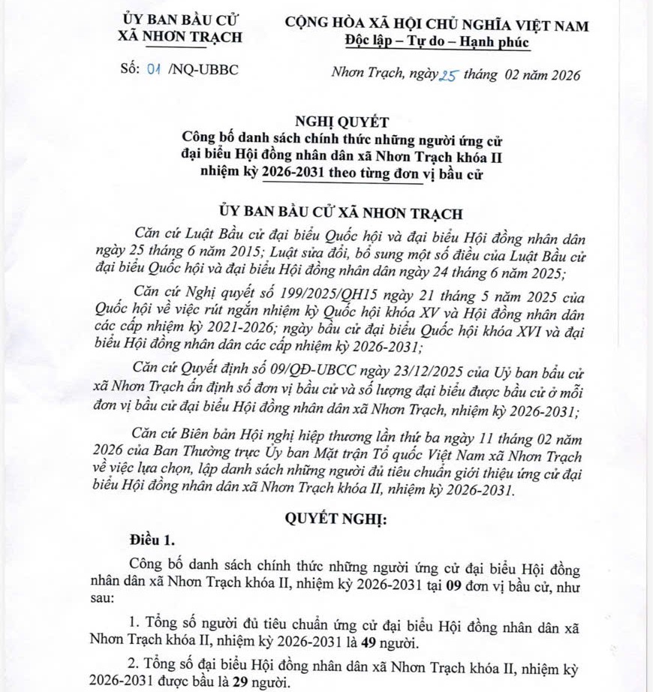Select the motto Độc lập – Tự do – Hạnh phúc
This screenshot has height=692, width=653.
(x=438, y=42)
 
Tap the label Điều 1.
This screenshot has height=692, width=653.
(x=152, y=540)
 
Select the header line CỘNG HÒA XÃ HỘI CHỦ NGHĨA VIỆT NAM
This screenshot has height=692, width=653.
(x=438, y=25)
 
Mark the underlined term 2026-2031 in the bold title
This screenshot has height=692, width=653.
(x=295, y=175)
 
